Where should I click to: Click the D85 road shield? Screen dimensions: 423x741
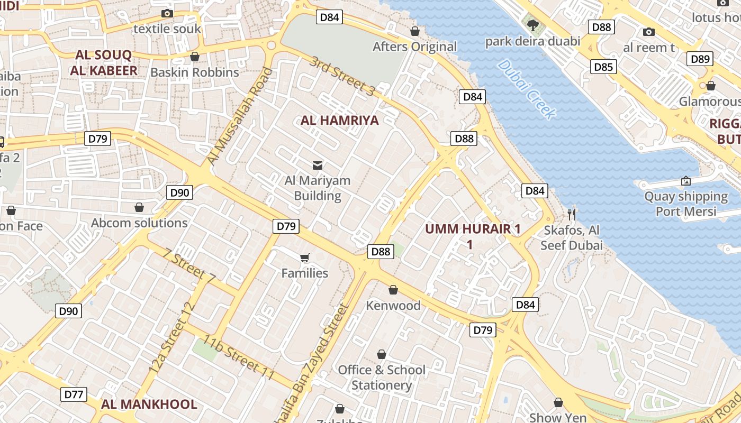tap(603, 67)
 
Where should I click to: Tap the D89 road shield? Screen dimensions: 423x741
tap(700, 59)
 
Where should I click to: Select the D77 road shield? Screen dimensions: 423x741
tap(74, 394)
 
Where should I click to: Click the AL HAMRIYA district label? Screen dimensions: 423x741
tap(340, 121)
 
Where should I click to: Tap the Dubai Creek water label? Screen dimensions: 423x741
tap(527, 89)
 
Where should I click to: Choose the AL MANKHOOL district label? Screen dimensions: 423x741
tap(149, 404)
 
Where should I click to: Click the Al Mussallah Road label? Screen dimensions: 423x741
tap(239, 116)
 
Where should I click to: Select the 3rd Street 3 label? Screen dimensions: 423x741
tap(342, 76)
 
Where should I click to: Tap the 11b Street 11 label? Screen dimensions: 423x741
tap(239, 357)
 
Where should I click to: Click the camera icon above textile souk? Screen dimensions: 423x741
tap(167, 14)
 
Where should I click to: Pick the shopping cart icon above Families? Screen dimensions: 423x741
tap(304, 258)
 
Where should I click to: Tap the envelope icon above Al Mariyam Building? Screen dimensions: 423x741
tap(318, 165)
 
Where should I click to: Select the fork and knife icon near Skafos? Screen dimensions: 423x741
tap(572, 214)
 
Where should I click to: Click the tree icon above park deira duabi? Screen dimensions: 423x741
tap(532, 24)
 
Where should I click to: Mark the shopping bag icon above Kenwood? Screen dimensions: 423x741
tap(393, 290)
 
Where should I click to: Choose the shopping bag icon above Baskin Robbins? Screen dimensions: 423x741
tap(195, 57)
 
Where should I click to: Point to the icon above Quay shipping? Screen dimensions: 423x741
tap(685, 181)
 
